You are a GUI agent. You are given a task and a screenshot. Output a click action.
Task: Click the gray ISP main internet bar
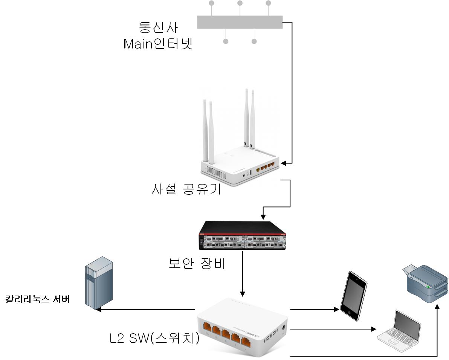(x=240, y=22)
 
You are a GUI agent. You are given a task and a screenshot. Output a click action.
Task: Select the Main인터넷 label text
(x=158, y=44)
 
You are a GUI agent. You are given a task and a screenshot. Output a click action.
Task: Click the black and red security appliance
(x=243, y=236)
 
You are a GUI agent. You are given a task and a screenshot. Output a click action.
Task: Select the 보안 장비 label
(x=197, y=264)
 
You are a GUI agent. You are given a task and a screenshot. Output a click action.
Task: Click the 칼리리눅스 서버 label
(x=37, y=300)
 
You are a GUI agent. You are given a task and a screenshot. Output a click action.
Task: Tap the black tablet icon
(x=353, y=296)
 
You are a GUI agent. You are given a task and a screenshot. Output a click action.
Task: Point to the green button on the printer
(x=428, y=287)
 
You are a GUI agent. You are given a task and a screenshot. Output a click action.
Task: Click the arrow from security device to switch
(x=243, y=273)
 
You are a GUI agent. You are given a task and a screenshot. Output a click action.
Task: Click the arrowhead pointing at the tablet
(x=338, y=310)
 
